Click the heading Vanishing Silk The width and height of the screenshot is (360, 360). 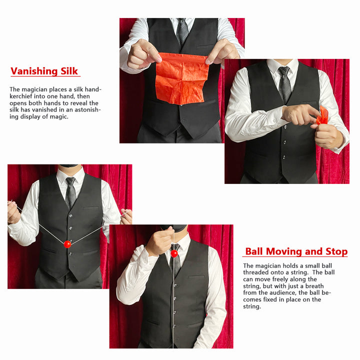(44, 71)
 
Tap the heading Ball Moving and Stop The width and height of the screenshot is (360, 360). (296, 251)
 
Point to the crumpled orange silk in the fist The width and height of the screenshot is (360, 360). (322, 115)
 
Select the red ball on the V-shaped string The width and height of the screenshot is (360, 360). (67, 244)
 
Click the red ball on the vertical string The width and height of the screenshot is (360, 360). (174, 253)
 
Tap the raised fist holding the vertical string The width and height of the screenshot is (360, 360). (160, 240)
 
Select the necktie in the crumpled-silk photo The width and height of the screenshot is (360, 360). (284, 84)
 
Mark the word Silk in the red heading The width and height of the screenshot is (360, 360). (69, 71)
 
